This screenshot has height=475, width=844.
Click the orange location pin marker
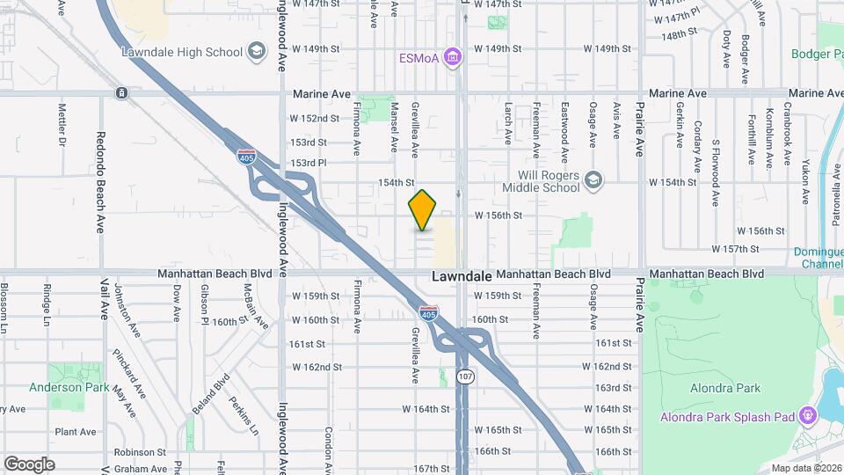[423, 210]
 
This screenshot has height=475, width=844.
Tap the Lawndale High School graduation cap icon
[256, 52]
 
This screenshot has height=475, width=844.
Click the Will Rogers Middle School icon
[593, 179]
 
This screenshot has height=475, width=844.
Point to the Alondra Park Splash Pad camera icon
[807, 415]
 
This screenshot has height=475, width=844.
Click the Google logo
[29, 464]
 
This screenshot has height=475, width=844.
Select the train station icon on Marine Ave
[120, 92]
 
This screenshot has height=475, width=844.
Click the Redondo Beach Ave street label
[101, 183]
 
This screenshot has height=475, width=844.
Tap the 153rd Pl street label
[309, 163]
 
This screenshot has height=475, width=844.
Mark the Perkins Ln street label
[250, 415]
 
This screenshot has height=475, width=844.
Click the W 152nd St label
[315, 119]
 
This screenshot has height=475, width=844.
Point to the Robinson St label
[141, 452]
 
